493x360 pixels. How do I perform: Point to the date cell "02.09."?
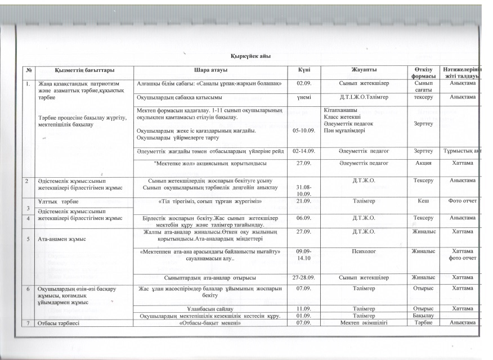(x=304, y=83)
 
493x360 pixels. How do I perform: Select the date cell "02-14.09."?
(x=304, y=151)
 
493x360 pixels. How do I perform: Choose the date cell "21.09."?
(x=304, y=200)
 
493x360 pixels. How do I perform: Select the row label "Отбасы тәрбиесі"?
(x=58, y=323)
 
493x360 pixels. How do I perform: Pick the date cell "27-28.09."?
(x=304, y=277)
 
